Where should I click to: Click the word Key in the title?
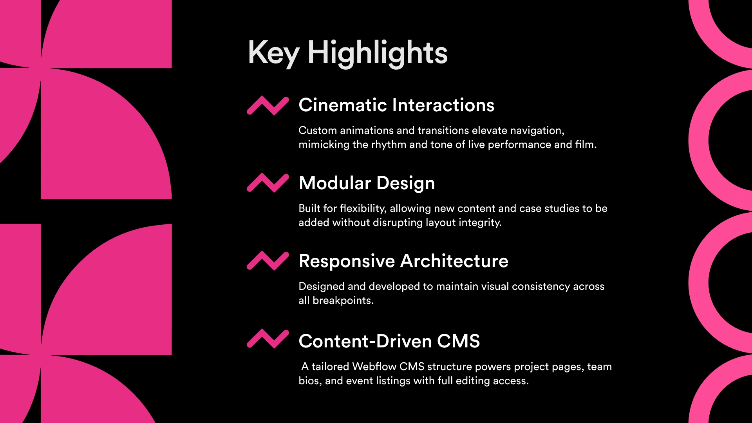(273, 53)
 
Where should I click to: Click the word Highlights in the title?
(378, 53)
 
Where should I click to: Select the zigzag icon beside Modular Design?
(268, 183)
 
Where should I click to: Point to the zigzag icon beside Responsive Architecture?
(268, 261)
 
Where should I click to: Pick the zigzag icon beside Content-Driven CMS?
(268, 339)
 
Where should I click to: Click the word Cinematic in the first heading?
(343, 105)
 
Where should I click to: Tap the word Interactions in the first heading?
(443, 105)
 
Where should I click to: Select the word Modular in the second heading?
(335, 183)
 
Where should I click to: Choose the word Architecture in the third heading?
(454, 261)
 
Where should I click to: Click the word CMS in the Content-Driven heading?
(459, 341)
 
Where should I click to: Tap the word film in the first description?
(586, 145)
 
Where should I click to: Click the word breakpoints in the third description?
(343, 301)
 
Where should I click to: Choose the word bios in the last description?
(310, 381)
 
